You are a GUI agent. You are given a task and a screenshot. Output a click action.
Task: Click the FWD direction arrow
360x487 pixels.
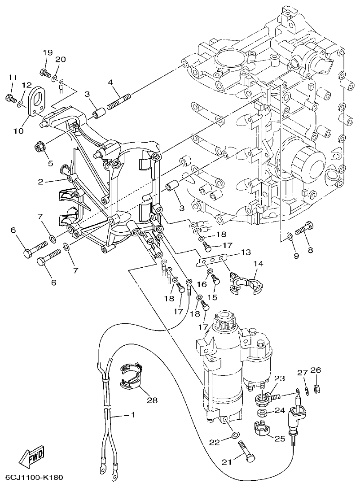coord(31,458)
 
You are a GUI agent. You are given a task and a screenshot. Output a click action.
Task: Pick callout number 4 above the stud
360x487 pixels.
coord(110,83)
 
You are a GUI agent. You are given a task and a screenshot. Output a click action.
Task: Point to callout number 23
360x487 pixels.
coord(280,379)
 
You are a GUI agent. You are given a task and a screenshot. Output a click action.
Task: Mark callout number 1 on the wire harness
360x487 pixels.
coord(132,415)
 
